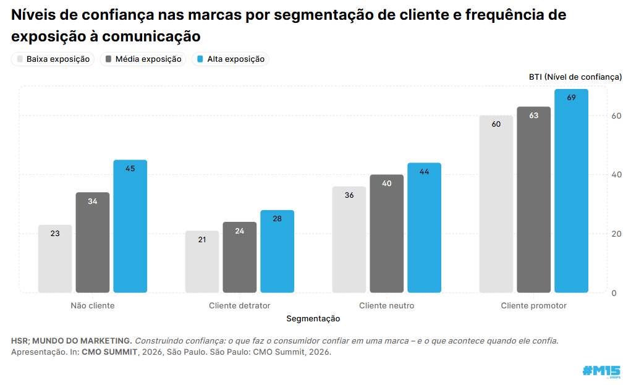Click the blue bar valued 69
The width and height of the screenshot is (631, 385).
click(x=571, y=191)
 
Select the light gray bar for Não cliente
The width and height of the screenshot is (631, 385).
click(x=55, y=259)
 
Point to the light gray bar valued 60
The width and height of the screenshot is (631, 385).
click(x=496, y=204)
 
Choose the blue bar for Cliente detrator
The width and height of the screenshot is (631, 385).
click(x=277, y=252)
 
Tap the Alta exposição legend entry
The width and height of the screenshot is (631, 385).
click(x=231, y=59)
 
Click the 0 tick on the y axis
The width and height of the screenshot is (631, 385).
click(x=614, y=293)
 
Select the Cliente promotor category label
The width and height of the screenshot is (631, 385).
click(x=533, y=306)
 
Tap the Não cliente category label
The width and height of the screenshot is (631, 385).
click(x=93, y=306)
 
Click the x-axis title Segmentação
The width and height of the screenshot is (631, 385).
click(x=313, y=318)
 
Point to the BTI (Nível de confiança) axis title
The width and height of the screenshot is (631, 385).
click(x=575, y=77)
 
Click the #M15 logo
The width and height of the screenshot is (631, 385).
click(x=601, y=371)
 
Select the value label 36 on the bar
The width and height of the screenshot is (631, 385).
click(x=349, y=195)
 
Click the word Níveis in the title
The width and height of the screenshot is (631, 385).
click(x=34, y=15)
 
